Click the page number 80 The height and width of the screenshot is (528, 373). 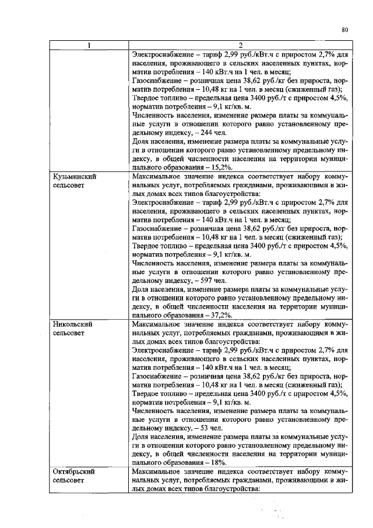[344, 30]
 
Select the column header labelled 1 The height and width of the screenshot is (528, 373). [89, 46]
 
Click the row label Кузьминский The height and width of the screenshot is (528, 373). [74, 176]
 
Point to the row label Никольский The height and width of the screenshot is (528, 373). [73, 323]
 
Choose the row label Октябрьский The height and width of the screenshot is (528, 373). [74, 470]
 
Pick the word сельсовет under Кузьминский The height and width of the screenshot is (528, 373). [71, 184]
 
